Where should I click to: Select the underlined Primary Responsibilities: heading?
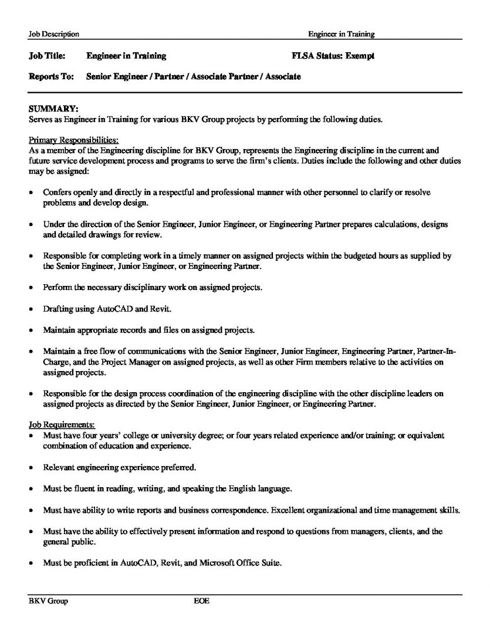click(73, 140)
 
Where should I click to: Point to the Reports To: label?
click(51, 77)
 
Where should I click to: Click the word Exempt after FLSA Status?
click(360, 56)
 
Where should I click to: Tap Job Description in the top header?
click(53, 35)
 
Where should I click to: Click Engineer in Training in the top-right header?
click(341, 35)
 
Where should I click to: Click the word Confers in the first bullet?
click(57, 193)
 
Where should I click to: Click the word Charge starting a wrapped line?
click(57, 362)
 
